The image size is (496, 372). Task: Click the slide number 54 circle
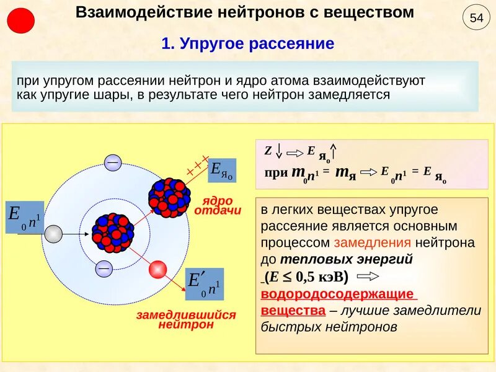coord(476,19)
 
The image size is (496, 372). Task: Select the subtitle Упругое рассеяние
coord(255,44)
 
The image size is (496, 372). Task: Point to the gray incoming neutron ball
coord(55,234)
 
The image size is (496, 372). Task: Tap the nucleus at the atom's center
coord(113,233)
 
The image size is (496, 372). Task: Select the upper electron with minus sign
coord(112,163)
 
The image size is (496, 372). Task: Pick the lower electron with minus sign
coord(104,268)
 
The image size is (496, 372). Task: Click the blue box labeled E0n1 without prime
coord(25,217)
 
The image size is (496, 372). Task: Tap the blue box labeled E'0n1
coord(205,285)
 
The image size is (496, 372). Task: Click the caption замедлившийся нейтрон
coord(186,319)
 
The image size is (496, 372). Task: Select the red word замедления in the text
coord(372,242)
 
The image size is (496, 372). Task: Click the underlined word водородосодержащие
coord(337,293)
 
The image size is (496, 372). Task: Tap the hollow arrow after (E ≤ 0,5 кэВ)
coord(371,276)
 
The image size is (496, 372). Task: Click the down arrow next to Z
coord(279,150)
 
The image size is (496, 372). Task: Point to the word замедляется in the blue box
coord(354,95)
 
